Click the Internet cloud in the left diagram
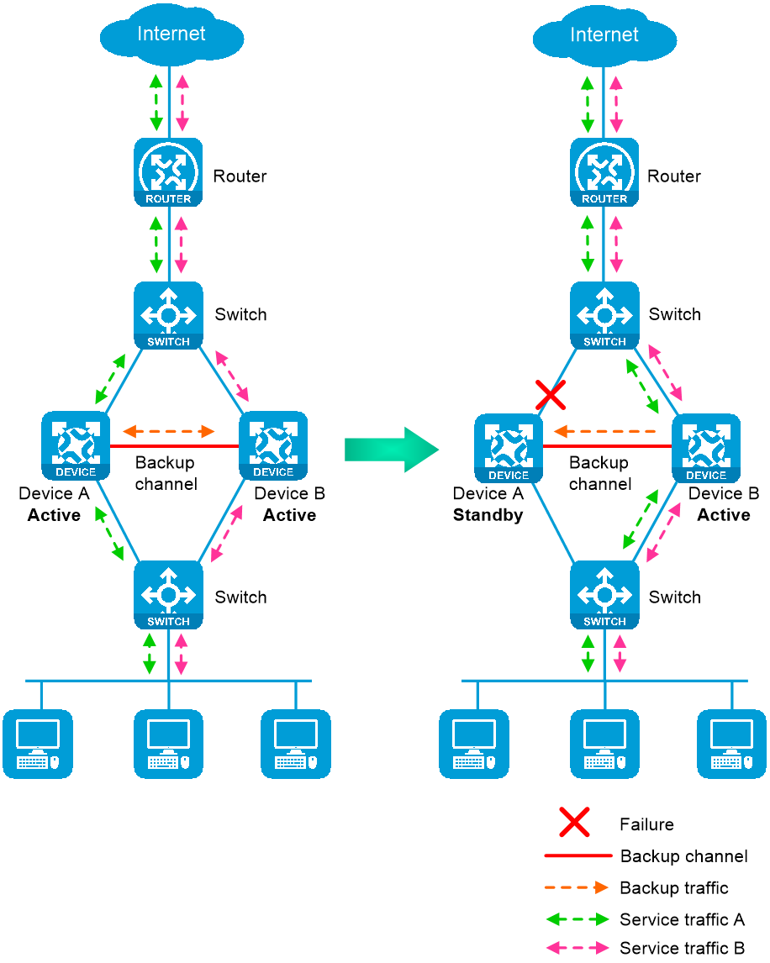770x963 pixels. tap(171, 36)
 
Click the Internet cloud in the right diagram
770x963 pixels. tap(604, 36)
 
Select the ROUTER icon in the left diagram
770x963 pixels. tap(168, 172)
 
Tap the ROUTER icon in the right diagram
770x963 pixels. tap(604, 172)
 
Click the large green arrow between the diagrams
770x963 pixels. tap(392, 450)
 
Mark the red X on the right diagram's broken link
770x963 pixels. tap(551, 394)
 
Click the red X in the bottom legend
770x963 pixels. tap(574, 822)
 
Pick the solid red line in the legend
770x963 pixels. tap(578, 856)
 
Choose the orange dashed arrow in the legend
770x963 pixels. tap(577, 887)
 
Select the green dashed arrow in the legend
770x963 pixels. tap(577, 919)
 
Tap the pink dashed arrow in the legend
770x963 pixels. tap(577, 948)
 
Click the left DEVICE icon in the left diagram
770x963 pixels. tap(76, 445)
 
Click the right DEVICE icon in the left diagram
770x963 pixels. tap(273, 445)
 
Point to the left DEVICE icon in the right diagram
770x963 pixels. tap(509, 448)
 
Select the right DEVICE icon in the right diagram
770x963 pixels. tap(706, 448)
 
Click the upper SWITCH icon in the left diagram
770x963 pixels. tap(168, 315)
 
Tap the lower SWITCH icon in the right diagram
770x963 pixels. tap(604, 595)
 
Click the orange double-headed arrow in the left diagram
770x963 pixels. tap(169, 432)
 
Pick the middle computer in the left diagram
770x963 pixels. tap(168, 744)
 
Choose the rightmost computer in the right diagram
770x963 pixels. tap(731, 744)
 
